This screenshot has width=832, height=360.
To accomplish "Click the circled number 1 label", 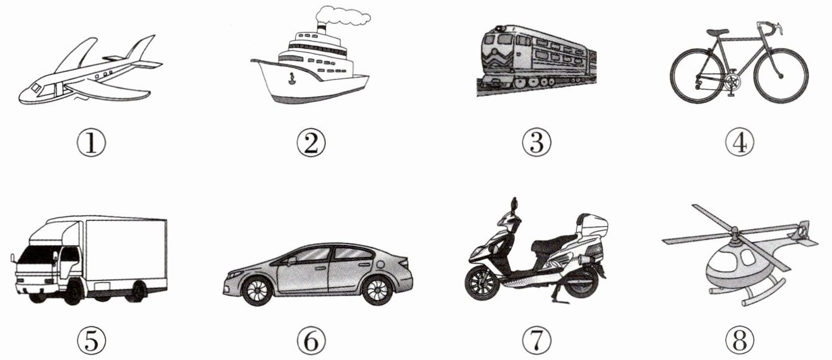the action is [x=92, y=143].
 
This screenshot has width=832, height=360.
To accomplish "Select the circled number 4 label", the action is [x=740, y=143].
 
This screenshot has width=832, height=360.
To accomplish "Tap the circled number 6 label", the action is [x=311, y=340].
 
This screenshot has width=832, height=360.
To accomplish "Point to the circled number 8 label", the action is [x=740, y=340].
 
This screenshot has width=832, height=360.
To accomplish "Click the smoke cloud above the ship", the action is [x=342, y=16].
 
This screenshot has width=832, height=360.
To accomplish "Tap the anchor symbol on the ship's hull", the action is [x=292, y=78].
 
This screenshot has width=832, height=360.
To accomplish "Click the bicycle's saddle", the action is [x=718, y=32].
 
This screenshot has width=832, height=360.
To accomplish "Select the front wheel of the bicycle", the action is [x=781, y=76].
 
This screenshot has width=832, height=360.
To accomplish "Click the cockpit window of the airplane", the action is [x=37, y=88].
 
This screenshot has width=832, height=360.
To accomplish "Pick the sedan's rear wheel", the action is [x=377, y=290].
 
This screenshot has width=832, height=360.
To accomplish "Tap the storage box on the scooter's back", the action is [x=592, y=225].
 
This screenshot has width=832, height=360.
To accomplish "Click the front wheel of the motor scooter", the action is [x=482, y=284].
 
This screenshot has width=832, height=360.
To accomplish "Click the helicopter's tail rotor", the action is [x=802, y=232].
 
